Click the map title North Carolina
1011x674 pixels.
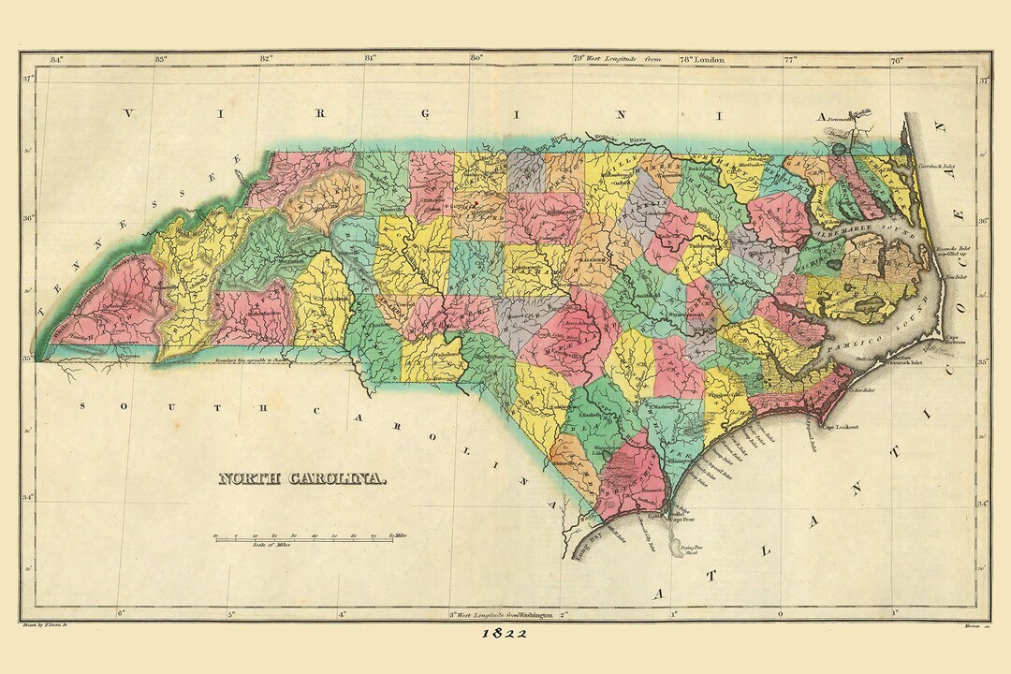[302, 478]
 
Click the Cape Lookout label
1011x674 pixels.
[841, 427]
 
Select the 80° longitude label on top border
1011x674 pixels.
[476, 58]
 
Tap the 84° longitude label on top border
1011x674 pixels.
[56, 58]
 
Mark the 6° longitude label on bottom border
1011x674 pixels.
[121, 614]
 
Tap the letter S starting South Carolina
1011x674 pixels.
[83, 406]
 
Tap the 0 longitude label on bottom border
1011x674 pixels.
[781, 614]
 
